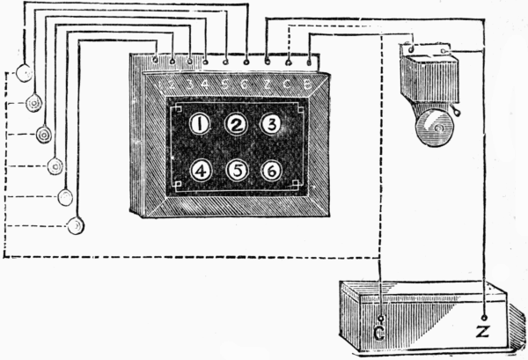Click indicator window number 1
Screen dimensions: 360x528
pyautogui.click(x=201, y=125)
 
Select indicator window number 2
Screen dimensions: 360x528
pyautogui.click(x=235, y=125)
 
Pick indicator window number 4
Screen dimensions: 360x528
pyautogui.click(x=201, y=170)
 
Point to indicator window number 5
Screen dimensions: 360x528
pyautogui.click(x=236, y=170)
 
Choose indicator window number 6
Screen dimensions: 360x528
pyautogui.click(x=272, y=170)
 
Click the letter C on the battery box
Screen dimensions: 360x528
pyautogui.click(x=380, y=333)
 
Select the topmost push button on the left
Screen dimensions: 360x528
pyautogui.click(x=23, y=73)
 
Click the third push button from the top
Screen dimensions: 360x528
pyautogui.click(x=44, y=135)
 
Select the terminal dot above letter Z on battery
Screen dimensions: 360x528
pyautogui.click(x=484, y=316)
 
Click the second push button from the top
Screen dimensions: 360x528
pyautogui.click(x=33, y=103)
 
